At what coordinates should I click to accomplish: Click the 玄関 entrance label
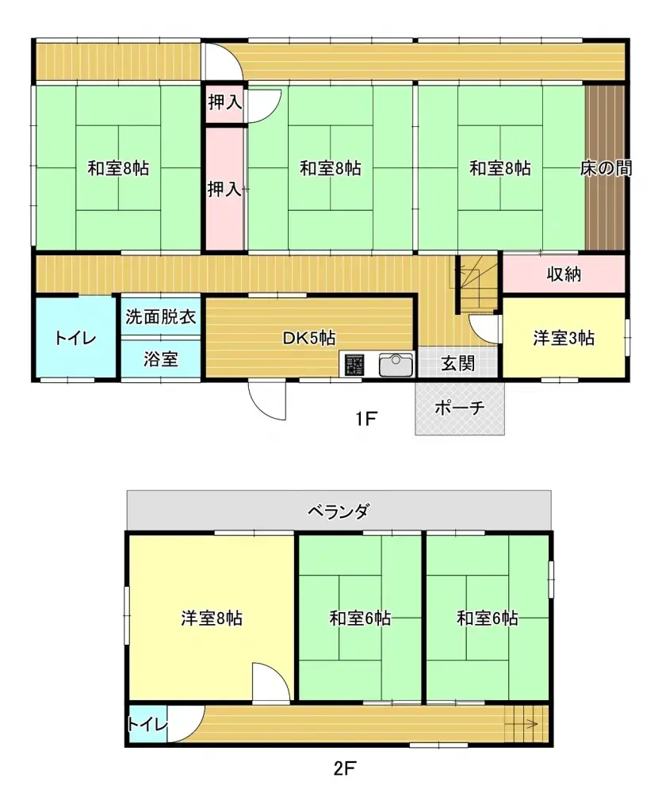pyautogui.click(x=457, y=364)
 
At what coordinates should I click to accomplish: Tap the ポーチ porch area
pyautogui.click(x=460, y=408)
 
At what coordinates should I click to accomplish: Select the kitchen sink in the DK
pyautogui.click(x=396, y=365)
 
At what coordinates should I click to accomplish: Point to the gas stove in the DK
pyautogui.click(x=354, y=365)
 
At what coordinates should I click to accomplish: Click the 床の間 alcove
pyautogui.click(x=606, y=168)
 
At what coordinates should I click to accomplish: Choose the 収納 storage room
pyautogui.click(x=564, y=274)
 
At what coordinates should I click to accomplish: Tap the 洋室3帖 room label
pyautogui.click(x=563, y=339)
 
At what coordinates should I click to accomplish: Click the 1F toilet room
pyautogui.click(x=75, y=339)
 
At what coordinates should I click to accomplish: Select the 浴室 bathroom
pyautogui.click(x=160, y=359)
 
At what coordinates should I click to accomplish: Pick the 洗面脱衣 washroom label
pyautogui.click(x=160, y=316)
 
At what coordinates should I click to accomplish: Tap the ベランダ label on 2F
pyautogui.click(x=339, y=511)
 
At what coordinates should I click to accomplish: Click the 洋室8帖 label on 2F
pyautogui.click(x=212, y=619)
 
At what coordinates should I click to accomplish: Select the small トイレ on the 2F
pyautogui.click(x=147, y=724)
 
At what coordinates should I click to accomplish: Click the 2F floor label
pyautogui.click(x=342, y=768)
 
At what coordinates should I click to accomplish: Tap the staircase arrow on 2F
pyautogui.click(x=524, y=723)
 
